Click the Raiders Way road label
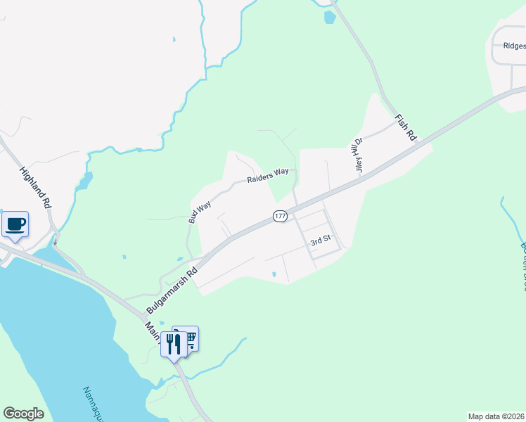[x=268, y=176]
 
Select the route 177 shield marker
[x=280, y=217]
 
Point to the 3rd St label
[x=321, y=241]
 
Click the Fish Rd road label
[x=406, y=127]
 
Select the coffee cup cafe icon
[x=15, y=224]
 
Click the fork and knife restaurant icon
[x=174, y=344]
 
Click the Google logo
[x=23, y=414]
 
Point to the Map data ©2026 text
[x=496, y=416]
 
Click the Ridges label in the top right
[x=514, y=46]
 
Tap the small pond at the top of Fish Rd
[x=329, y=18]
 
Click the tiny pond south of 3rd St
[x=274, y=274]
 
